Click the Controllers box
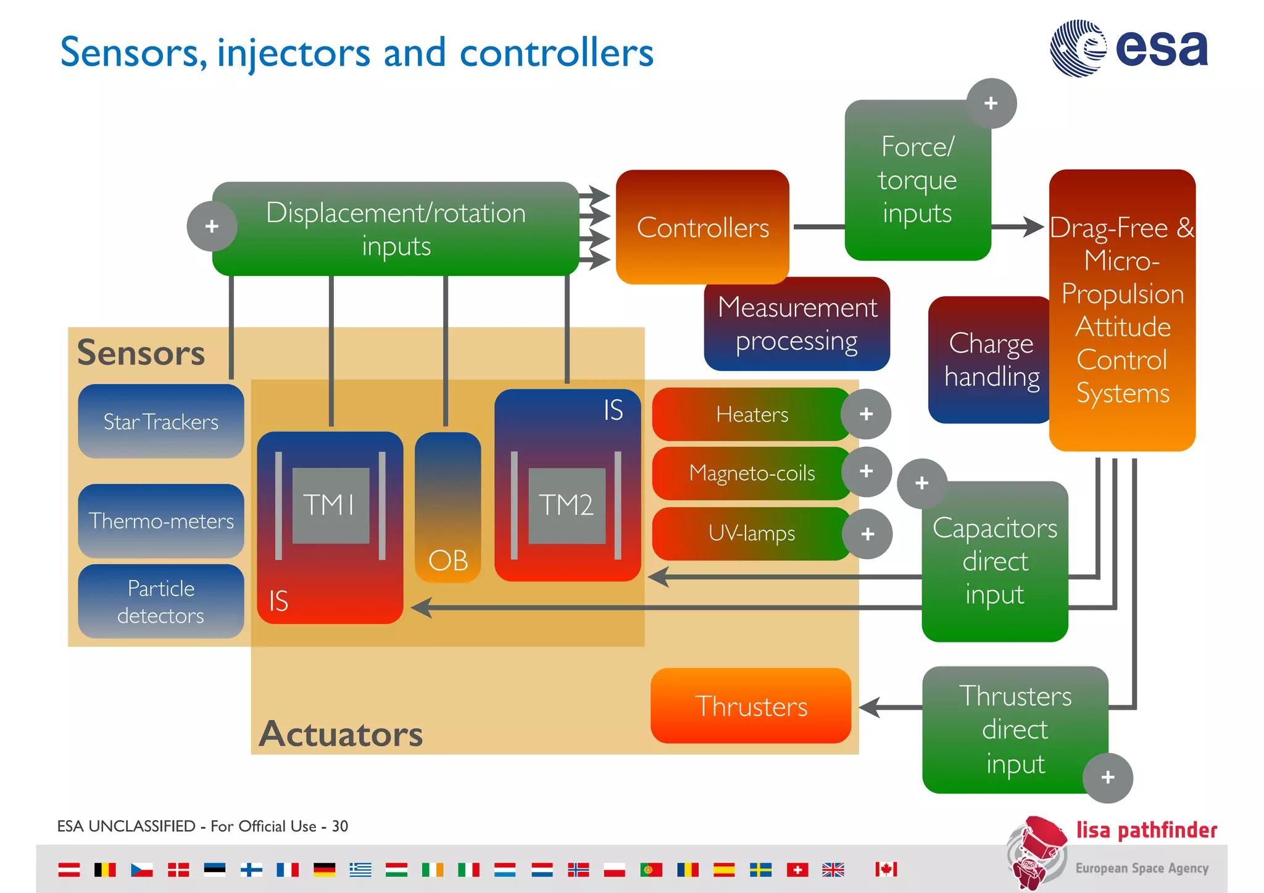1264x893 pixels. tap(702, 227)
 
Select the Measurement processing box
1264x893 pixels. tap(796, 324)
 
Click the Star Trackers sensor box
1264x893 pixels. tap(161, 422)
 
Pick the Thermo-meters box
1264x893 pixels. tap(161, 521)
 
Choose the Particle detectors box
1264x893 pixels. tap(161, 601)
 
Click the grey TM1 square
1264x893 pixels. tap(330, 505)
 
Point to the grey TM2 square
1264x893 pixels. tap(567, 505)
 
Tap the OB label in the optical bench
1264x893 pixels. tap(448, 560)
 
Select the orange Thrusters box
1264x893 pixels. tap(750, 706)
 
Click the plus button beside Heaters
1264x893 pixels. tap(866, 413)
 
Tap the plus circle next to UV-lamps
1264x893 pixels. tap(867, 534)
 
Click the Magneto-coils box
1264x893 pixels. tap(751, 473)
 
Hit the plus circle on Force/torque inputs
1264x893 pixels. tap(991, 103)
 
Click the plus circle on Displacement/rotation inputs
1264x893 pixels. tap(212, 226)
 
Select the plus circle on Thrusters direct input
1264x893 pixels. tap(1108, 777)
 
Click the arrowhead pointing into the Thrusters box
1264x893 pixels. tap(869, 707)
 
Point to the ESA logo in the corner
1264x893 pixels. tap(1129, 48)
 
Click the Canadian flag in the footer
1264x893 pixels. tap(886, 870)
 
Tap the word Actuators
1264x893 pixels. tap(341, 734)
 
